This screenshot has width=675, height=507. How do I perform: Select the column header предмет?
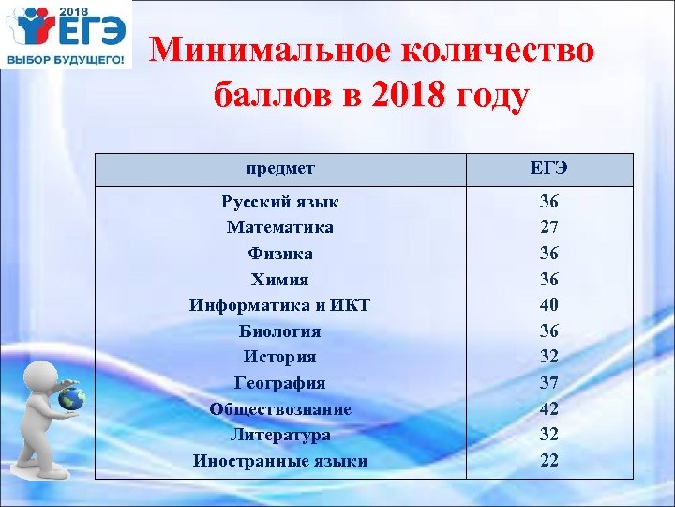[x=279, y=169]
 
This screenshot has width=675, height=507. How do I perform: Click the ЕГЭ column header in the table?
[x=548, y=169]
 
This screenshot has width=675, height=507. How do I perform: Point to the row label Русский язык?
[x=279, y=202]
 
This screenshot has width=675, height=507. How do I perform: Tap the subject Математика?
[x=279, y=227]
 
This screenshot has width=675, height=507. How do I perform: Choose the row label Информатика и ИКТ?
[x=279, y=305]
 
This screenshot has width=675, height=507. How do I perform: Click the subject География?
[x=279, y=383]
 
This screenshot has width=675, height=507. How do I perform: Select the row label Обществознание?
[x=279, y=409]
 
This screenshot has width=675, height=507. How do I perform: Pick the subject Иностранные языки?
[x=279, y=461]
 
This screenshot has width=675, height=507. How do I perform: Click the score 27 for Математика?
[x=548, y=227]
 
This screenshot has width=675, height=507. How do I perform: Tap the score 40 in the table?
[x=548, y=305]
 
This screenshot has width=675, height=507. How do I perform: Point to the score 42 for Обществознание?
[x=548, y=409]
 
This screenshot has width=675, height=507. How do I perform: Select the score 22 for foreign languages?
[x=548, y=461]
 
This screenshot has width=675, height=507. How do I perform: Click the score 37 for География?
[x=548, y=383]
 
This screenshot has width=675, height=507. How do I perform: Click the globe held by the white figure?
[x=71, y=399]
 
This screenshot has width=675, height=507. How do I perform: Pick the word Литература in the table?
[x=279, y=435]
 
